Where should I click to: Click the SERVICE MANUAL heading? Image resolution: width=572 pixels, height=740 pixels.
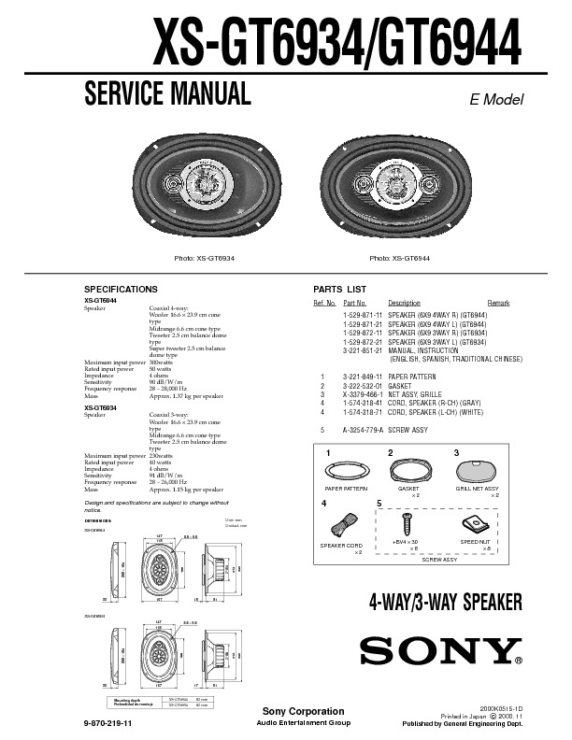tap(167, 93)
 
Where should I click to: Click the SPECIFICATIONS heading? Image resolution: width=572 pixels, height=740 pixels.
tap(121, 289)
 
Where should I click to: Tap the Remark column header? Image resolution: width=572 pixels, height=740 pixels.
tap(498, 304)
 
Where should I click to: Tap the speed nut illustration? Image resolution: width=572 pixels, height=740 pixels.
tap(472, 524)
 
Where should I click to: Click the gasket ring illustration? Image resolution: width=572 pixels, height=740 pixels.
tap(408, 469)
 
